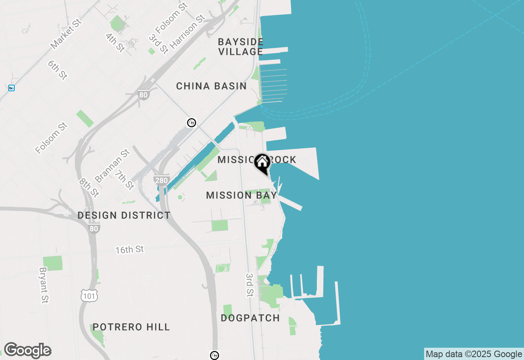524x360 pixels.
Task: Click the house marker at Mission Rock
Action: [262, 162]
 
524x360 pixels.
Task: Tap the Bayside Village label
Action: [241, 47]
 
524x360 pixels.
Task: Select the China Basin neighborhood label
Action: [211, 86]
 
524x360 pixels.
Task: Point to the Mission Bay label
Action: [242, 195]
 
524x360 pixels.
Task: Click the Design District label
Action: [124, 215]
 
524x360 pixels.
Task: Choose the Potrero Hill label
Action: [131, 327]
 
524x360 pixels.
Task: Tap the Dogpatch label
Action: [250, 318]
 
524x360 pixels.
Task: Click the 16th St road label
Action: [129, 249]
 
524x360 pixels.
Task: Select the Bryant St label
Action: [43, 285]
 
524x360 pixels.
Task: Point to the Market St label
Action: [66, 33]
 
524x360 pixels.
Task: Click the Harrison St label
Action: [187, 32]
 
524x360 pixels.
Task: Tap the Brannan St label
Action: [112, 166]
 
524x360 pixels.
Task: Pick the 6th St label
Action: [57, 70]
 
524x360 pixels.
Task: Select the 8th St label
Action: [89, 187]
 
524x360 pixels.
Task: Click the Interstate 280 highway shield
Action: [162, 180]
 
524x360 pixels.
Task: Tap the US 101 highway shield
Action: [89, 296]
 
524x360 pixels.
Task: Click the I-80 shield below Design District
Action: [94, 229]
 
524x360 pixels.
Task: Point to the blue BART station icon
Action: [11, 88]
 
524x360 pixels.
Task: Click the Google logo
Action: [27, 351]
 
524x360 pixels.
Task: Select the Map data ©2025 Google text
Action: [474, 354]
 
